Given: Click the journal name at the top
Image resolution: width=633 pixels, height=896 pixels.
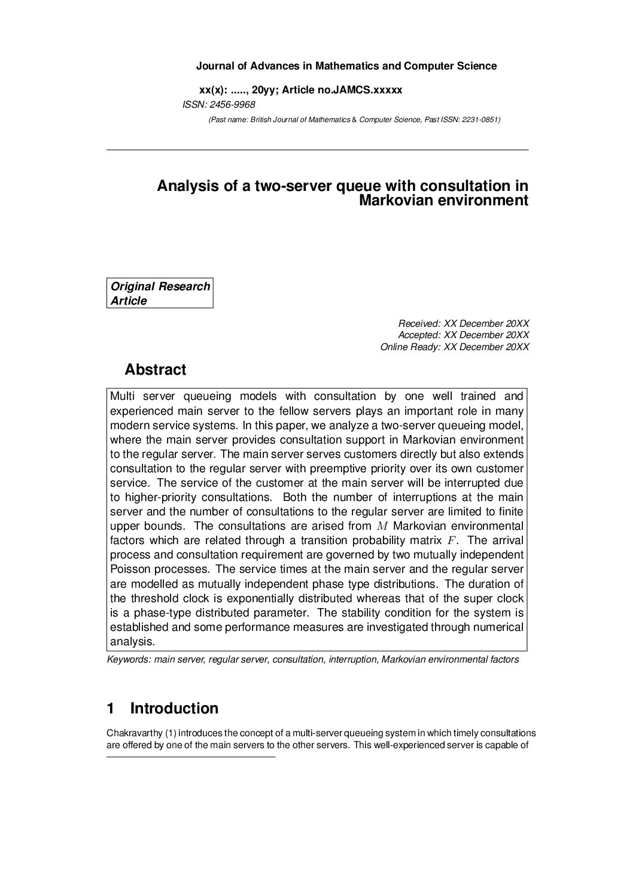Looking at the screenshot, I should click(346, 66).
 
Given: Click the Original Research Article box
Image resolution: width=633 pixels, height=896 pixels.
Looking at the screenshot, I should click(160, 294).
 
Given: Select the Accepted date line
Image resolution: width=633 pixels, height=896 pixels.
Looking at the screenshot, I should click(464, 335).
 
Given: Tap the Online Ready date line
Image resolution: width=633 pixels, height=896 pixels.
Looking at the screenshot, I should click(455, 347).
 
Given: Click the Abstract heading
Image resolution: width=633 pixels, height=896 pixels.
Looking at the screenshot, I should click(155, 370).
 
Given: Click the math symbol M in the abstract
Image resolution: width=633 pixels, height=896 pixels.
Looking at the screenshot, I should click(383, 527).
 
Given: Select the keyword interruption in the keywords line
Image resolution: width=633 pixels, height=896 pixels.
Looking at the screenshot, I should click(352, 660).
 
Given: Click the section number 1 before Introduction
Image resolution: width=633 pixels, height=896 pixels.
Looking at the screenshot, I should click(110, 709).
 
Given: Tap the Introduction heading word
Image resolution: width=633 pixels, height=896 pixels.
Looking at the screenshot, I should click(174, 709).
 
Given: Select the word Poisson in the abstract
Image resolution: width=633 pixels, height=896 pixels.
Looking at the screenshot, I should click(129, 570).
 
